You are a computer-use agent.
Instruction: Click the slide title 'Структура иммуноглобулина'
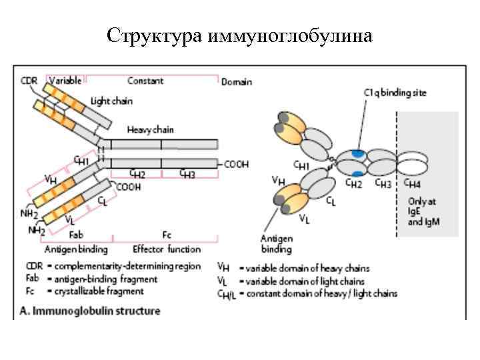point(239,34)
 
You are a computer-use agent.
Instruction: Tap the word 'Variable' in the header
point(65,80)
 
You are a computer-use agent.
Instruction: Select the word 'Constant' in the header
point(145,80)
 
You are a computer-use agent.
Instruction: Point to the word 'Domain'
point(237,81)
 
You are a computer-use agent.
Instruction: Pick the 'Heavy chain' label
point(150,130)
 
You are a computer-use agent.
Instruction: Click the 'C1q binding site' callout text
point(395,93)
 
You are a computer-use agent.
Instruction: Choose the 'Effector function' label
point(166,249)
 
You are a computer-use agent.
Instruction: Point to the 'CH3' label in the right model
point(382,182)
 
